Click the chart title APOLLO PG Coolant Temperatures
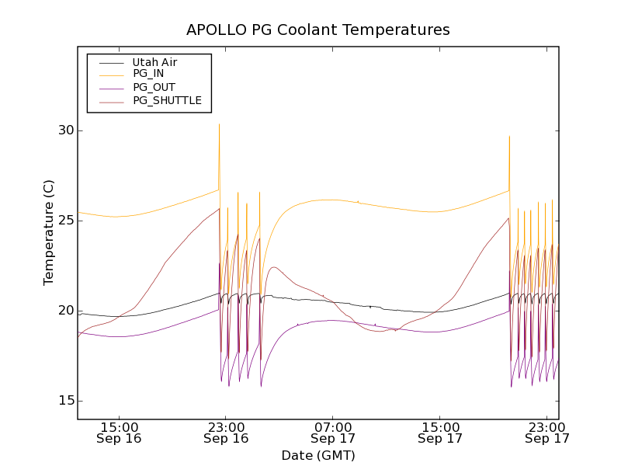pos(318,30)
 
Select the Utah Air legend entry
pos(154,62)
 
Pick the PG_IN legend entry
pos(148,74)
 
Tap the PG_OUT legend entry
pos(154,87)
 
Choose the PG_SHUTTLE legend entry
pos(167,100)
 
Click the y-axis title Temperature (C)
pos(49,232)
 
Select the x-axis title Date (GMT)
pos(318,455)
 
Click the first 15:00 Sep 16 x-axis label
pos(120,432)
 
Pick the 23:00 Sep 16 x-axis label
pos(226,432)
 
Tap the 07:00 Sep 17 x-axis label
pos(333,432)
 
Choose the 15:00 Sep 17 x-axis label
pos(440,432)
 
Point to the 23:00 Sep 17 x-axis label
pos(547,432)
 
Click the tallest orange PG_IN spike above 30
pos(219,125)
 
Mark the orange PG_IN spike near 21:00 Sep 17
pos(509,137)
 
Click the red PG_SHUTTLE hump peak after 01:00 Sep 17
pos(274,267)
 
